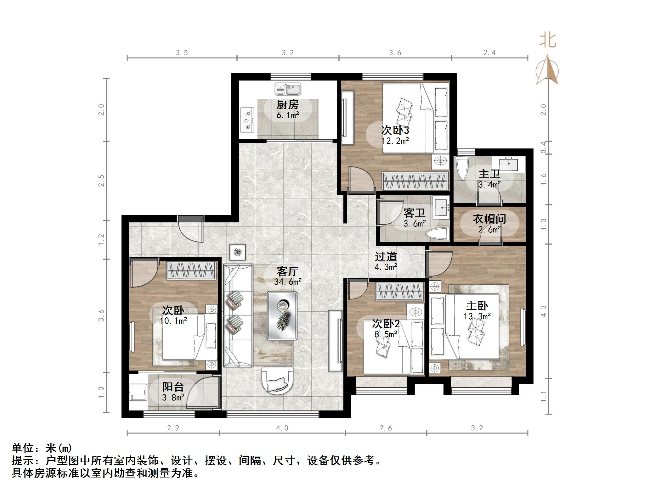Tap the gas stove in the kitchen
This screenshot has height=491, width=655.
[x=247, y=120]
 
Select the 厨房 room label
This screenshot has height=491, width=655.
[x=287, y=105]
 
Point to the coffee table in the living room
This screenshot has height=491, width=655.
[x=282, y=315]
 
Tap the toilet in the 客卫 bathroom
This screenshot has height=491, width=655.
[x=437, y=234]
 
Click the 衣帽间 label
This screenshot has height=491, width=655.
[x=489, y=219]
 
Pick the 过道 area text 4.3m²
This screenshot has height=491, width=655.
[x=386, y=267]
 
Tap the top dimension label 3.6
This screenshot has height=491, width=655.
[x=395, y=53]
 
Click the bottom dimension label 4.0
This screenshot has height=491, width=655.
[x=282, y=428]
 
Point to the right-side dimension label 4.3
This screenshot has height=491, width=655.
[x=544, y=311]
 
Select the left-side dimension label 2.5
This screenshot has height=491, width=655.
[x=101, y=181]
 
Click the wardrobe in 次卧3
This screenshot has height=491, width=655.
[x=415, y=181]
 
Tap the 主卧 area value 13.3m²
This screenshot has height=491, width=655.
[x=477, y=316]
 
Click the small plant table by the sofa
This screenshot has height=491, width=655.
[x=238, y=252]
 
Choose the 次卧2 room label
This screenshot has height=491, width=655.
[x=386, y=323]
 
